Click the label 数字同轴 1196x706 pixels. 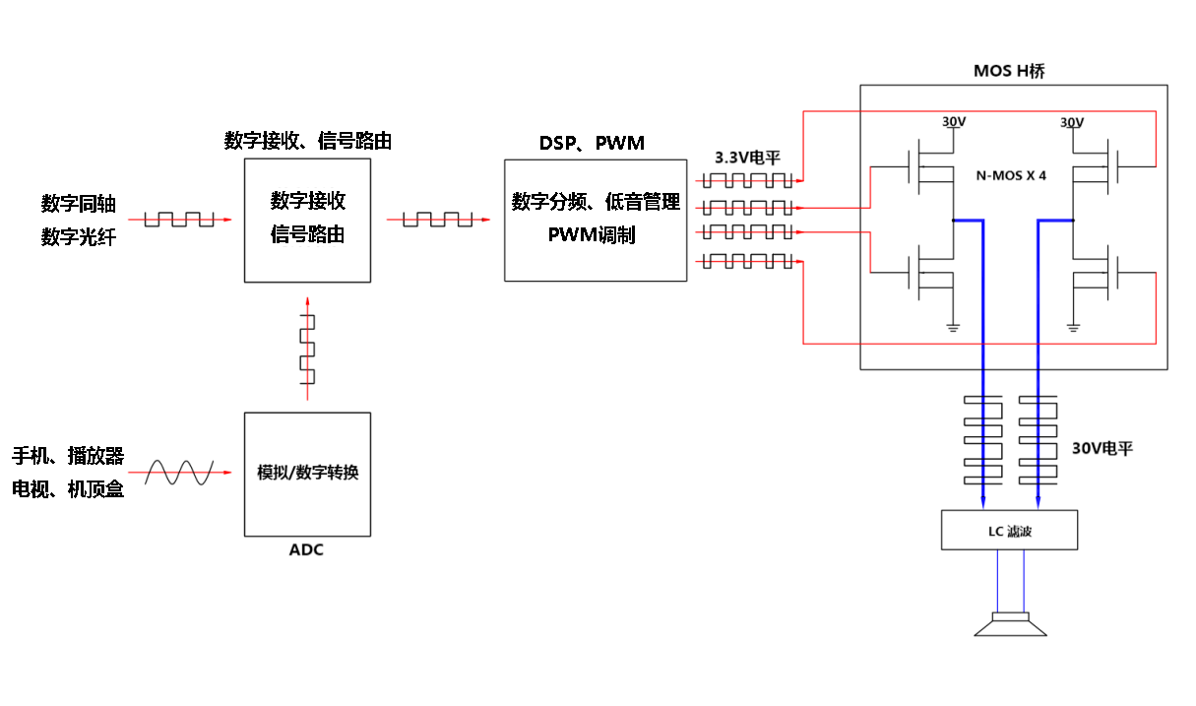pos(78,204)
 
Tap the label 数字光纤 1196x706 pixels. pos(78,236)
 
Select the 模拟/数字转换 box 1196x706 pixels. pos(307,474)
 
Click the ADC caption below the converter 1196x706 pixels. pos(306,549)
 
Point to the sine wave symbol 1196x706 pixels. pos(179,474)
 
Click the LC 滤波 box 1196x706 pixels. pos(1009,531)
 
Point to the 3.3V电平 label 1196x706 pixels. pos(747,158)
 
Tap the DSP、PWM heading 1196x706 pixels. pos(592,143)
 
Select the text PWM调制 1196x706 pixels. pos(592,235)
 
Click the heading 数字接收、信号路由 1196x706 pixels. pos(307,141)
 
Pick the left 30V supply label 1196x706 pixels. pos(954,122)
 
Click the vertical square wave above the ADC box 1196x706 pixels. pos(308,350)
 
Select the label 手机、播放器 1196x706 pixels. pos(68,456)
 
